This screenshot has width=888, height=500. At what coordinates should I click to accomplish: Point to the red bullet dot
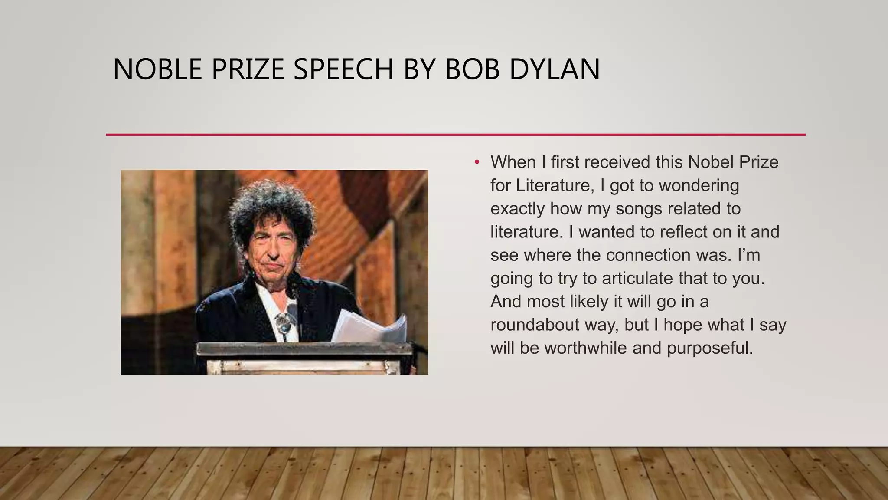point(477,162)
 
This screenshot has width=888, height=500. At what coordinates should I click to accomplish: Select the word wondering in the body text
point(699,185)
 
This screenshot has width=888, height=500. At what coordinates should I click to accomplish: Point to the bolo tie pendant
point(284,322)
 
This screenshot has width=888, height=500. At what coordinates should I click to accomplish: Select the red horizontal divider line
point(455,135)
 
